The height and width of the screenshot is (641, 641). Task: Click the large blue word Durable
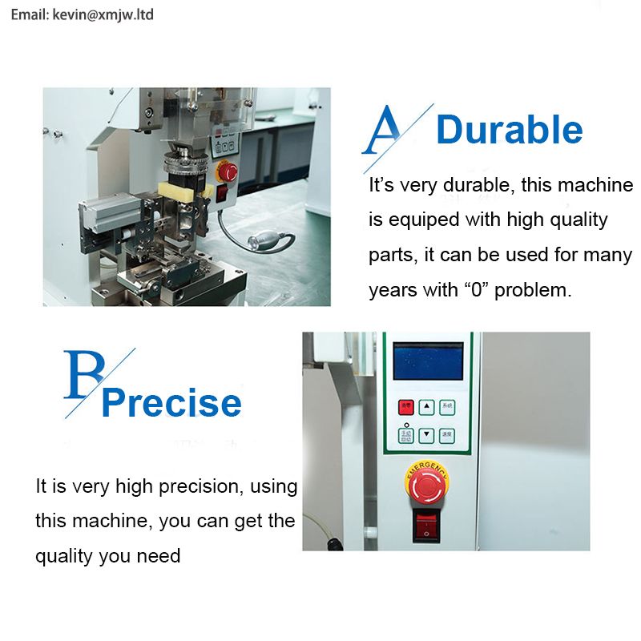[510, 131]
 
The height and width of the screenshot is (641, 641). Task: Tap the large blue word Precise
[171, 403]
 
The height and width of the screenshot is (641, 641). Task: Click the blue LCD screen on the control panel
[428, 361]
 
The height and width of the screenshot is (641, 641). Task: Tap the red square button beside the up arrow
[406, 406]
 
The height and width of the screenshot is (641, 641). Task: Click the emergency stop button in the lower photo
[426, 483]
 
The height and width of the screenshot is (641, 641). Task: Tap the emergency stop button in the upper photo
[228, 171]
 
